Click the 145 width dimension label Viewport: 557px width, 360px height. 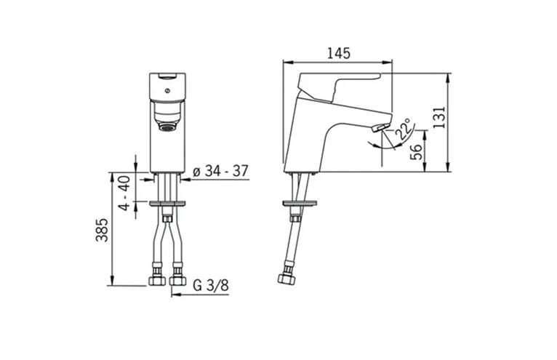339,53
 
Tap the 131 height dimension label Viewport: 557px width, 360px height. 440,117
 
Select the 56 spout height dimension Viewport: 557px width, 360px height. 417,152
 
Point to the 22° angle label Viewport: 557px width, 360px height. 404,129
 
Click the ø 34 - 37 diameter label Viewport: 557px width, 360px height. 220,172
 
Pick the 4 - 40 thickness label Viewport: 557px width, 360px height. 124,193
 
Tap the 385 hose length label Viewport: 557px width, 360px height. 102,230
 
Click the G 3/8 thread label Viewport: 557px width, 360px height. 211,285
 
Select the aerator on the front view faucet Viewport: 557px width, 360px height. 167,126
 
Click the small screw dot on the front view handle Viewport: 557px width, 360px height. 167,91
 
